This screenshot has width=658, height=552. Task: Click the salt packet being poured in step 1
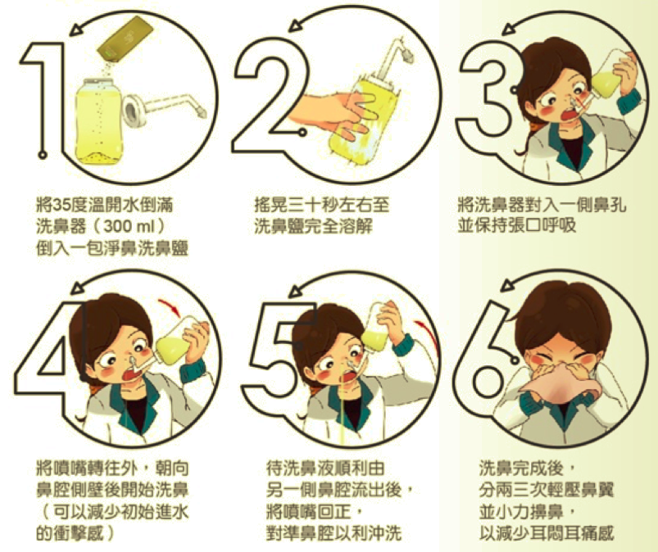(x=125, y=40)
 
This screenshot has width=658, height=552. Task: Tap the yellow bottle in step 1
(x=99, y=121)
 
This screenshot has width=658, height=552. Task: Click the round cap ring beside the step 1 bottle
(x=134, y=111)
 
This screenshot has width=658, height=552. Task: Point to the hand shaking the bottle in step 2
(x=332, y=112)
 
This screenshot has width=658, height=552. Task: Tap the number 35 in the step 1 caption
(x=62, y=206)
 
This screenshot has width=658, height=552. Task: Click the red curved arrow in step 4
(x=170, y=307)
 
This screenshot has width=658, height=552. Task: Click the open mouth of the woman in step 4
(x=130, y=373)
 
